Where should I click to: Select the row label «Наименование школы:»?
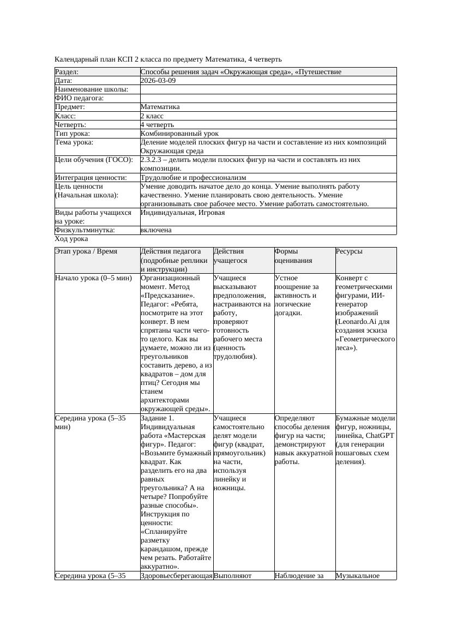click(x=92, y=89)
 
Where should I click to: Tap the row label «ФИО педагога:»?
click(x=80, y=98)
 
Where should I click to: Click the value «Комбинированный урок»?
click(x=179, y=134)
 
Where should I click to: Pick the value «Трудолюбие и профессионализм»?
click(x=193, y=178)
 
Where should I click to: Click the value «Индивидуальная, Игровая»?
click(x=182, y=213)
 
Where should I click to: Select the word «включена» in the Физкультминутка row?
click(x=156, y=230)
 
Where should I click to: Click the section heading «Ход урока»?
click(x=71, y=239)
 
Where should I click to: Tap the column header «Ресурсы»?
click(x=349, y=251)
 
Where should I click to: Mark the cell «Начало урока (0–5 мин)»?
click(x=93, y=278)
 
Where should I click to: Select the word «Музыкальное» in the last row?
click(x=358, y=575)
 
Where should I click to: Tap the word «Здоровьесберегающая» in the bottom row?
click(x=176, y=575)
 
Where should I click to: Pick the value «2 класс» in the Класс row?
click(x=152, y=116)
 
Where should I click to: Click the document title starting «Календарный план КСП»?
click(x=169, y=59)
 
